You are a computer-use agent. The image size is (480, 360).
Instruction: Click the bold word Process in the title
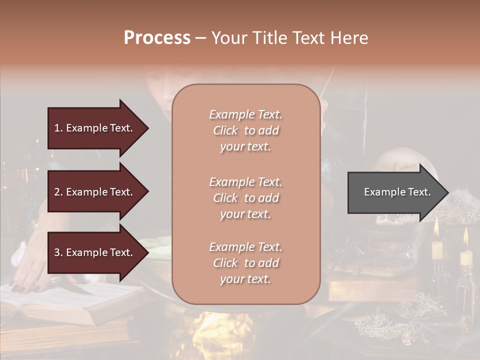[x=157, y=38]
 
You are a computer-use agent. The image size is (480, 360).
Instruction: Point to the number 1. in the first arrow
[x=58, y=128]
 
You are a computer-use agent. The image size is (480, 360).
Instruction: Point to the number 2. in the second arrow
[x=58, y=192]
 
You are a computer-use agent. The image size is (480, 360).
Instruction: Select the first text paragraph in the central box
[x=245, y=130]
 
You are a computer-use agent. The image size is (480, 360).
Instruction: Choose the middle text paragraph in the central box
[x=245, y=197]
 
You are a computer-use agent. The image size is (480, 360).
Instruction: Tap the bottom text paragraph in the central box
[x=245, y=263]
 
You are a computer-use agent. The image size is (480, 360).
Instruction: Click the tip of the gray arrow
[x=447, y=192]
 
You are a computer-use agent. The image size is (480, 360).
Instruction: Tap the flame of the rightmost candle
[x=466, y=237]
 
